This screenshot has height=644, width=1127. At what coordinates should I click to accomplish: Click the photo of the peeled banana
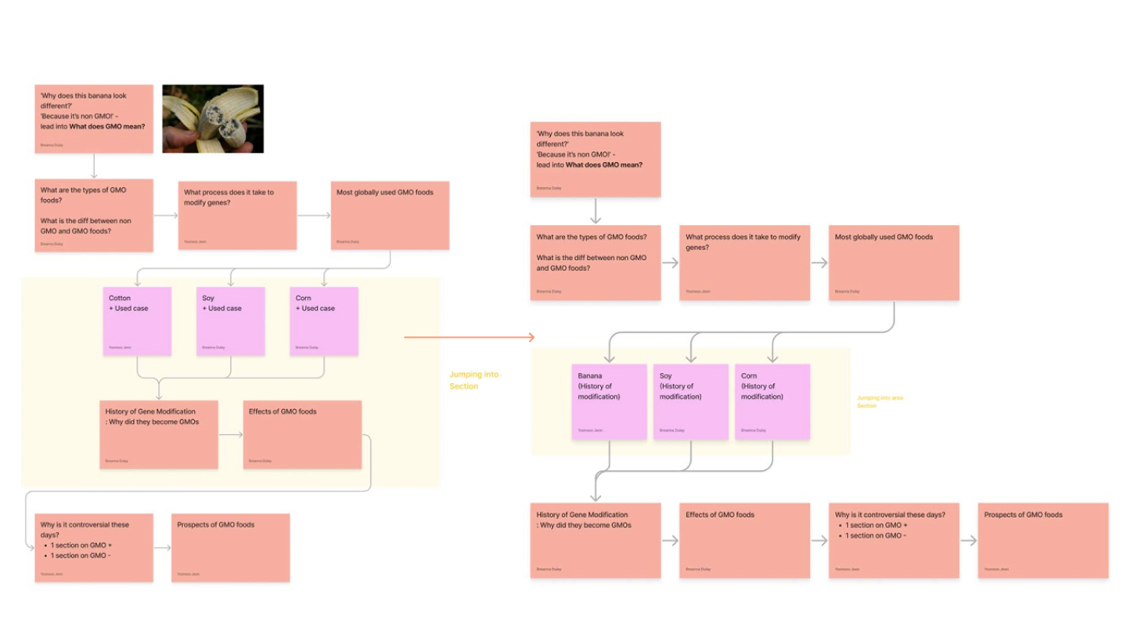[x=213, y=118]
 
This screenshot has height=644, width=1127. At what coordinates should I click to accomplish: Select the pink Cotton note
[x=137, y=321]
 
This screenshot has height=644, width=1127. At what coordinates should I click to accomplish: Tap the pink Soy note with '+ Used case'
[x=230, y=321]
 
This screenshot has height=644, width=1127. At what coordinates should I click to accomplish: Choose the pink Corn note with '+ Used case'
[x=324, y=321]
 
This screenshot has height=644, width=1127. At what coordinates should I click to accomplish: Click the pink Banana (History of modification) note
[x=609, y=401]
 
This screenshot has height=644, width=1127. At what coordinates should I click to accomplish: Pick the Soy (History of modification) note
[x=691, y=401]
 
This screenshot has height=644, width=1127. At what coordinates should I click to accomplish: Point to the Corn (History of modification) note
[x=772, y=401]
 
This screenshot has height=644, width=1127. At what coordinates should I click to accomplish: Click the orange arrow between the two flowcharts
[x=469, y=338]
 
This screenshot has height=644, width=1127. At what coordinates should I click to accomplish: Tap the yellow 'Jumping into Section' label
[x=473, y=380]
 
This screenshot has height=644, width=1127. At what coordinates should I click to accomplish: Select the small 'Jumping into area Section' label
[x=880, y=401]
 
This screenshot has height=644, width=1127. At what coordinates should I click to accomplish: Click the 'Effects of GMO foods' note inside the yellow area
[x=303, y=435]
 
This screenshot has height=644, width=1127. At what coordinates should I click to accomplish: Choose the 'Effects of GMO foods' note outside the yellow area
[x=744, y=541]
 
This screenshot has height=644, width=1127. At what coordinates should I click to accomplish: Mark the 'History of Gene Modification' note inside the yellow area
[x=159, y=435]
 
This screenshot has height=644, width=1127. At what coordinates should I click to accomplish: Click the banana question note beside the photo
[x=93, y=118]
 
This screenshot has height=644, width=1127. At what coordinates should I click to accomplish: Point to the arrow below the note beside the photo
[x=93, y=166]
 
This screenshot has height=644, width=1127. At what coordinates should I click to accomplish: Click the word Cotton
[x=120, y=298]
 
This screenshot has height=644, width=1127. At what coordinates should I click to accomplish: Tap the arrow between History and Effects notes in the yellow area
[x=231, y=435]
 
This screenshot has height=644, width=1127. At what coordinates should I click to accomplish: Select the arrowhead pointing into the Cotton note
[x=137, y=283]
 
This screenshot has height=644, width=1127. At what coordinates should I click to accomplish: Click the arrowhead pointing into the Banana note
[x=609, y=359]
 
